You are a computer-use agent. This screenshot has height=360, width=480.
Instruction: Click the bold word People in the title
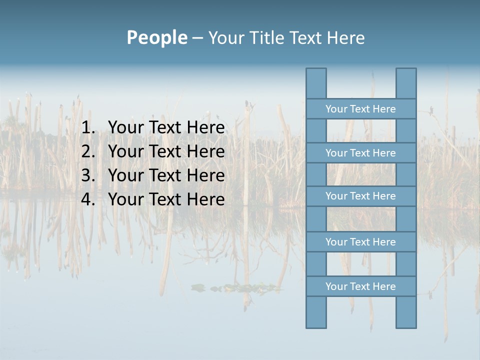tap(156, 37)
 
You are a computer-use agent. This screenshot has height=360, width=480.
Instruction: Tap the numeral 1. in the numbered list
tap(88, 127)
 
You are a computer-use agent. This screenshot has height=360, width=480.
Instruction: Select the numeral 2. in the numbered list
tap(88, 151)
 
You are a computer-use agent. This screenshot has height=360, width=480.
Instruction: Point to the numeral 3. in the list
tap(88, 175)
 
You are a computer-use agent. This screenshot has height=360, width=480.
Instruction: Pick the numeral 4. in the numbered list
tap(88, 199)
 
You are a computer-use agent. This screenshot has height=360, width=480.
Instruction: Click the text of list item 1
tap(166, 127)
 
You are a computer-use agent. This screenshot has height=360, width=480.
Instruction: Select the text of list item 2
tap(166, 151)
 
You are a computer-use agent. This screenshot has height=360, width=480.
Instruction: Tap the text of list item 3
tap(166, 175)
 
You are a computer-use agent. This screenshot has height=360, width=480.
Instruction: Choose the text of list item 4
tap(166, 199)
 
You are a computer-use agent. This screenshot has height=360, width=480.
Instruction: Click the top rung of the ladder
tap(360, 109)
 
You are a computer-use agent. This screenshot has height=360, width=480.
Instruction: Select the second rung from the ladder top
tap(360, 153)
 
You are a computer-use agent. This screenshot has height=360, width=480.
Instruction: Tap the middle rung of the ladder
tap(360, 196)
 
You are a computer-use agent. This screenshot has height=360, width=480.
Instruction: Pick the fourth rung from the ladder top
tap(360, 242)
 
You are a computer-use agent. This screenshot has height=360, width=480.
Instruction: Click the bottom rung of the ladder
tap(360, 286)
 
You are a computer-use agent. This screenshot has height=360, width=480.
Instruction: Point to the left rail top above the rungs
tap(316, 83)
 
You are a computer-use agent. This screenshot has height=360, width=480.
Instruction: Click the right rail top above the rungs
tap(406, 83)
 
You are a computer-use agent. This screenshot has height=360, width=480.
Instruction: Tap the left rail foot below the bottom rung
tap(316, 312)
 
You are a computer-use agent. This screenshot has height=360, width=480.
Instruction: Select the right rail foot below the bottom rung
tap(406, 312)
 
